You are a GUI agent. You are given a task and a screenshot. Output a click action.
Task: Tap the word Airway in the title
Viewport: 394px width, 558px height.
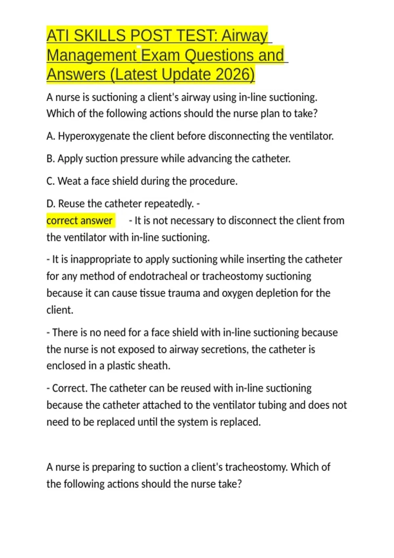click(245, 35)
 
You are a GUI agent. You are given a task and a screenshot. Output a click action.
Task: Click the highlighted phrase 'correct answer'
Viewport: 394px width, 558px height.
click(79, 221)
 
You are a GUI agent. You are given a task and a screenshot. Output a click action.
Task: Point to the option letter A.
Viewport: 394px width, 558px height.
click(50, 136)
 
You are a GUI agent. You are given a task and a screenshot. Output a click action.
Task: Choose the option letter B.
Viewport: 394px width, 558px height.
click(50, 159)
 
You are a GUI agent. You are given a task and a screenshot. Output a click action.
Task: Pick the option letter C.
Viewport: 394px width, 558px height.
click(50, 181)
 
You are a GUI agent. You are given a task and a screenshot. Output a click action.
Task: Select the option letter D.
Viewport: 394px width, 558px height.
click(51, 204)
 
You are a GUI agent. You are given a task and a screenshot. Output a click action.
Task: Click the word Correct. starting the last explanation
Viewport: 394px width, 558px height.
click(70, 388)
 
